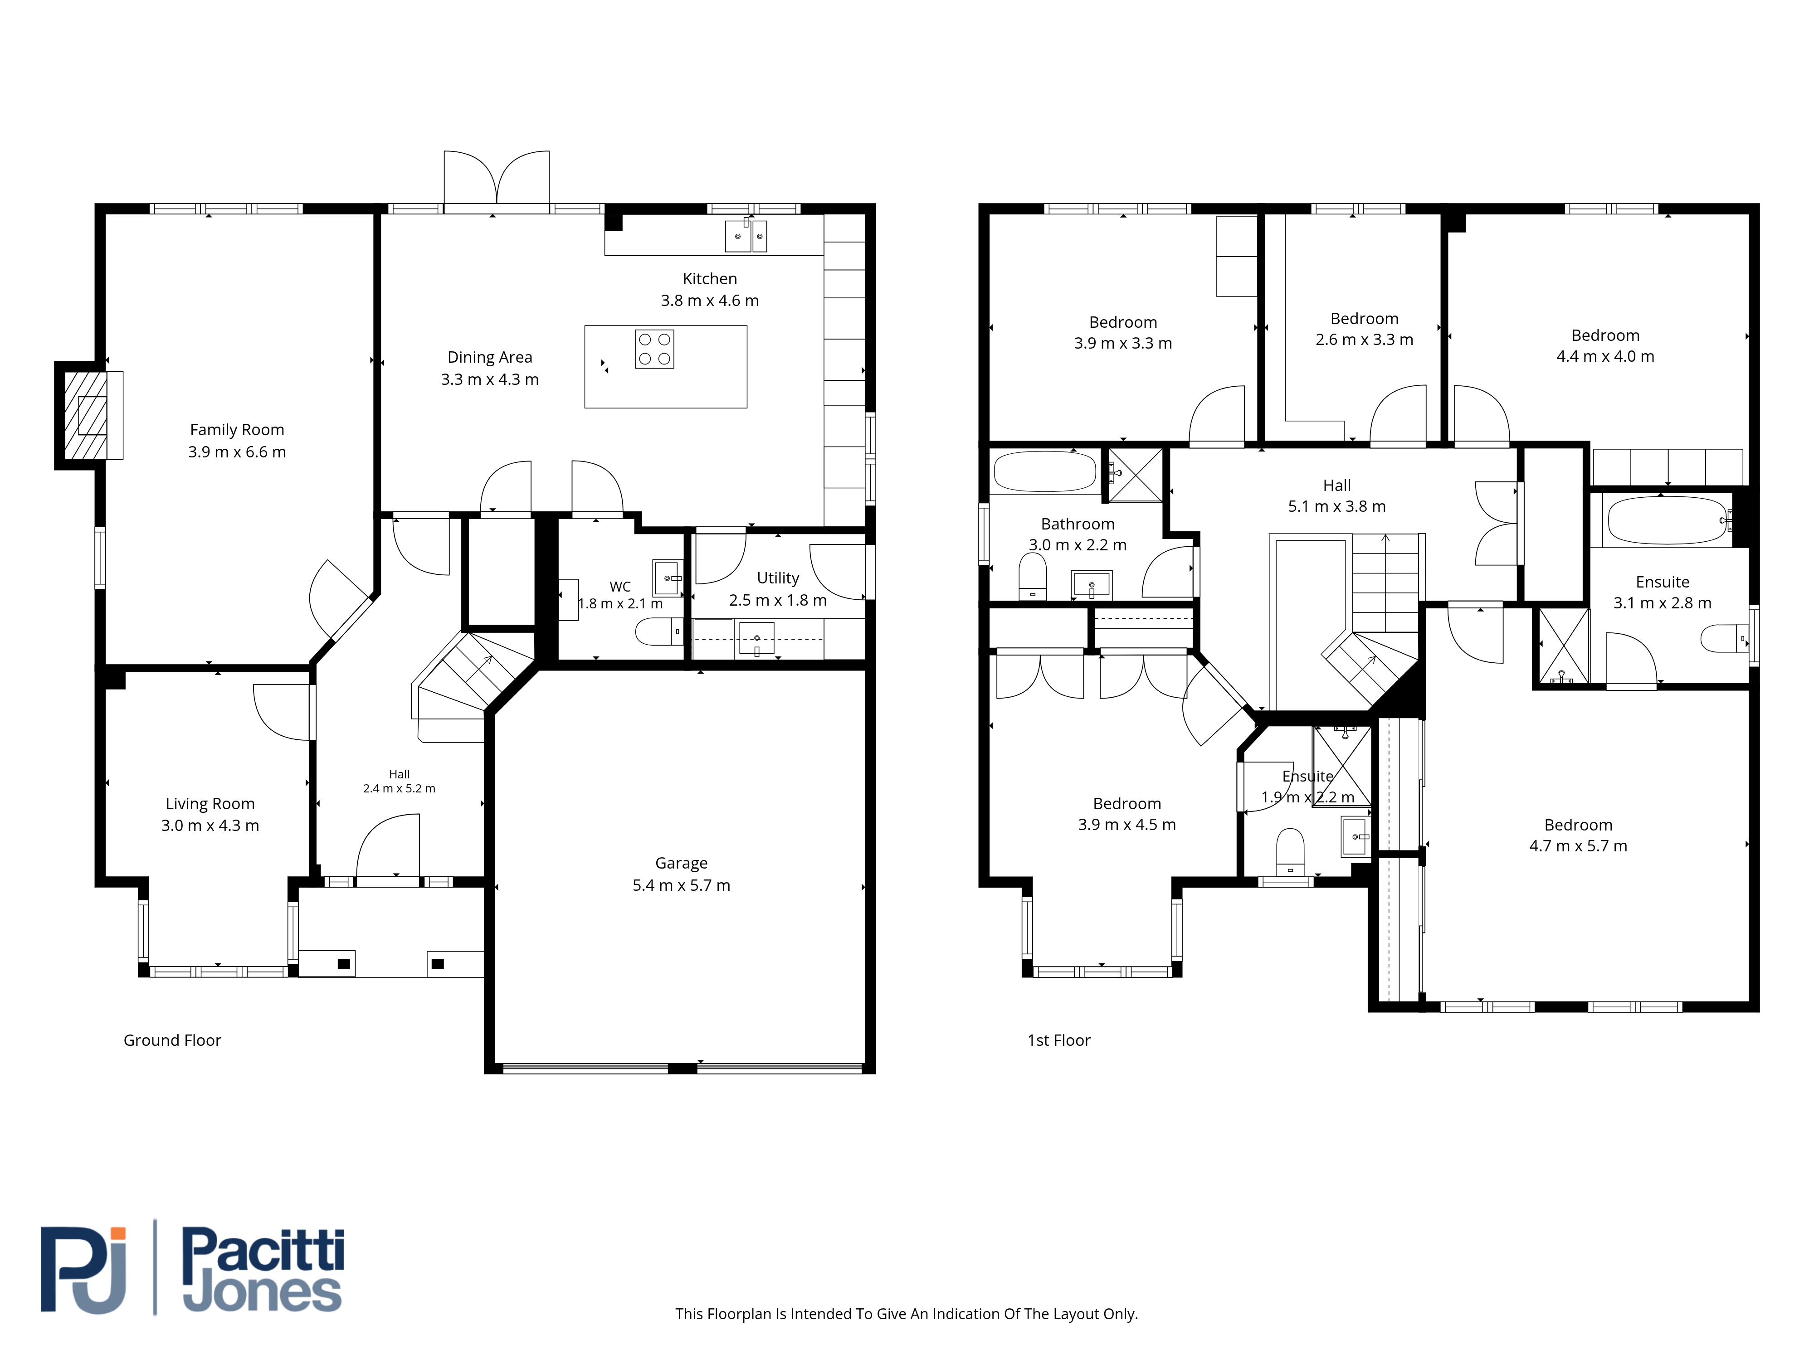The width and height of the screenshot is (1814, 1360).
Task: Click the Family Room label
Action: tap(237, 430)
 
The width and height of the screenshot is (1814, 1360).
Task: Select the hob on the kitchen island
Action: tap(654, 349)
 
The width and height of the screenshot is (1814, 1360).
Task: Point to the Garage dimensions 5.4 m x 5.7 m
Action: tap(682, 885)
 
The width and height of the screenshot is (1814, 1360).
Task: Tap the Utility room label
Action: tap(777, 578)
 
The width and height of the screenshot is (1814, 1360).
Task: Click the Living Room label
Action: tap(210, 804)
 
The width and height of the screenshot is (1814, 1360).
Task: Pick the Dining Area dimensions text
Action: tap(490, 379)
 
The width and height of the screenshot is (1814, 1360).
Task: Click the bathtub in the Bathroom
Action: tap(1045, 471)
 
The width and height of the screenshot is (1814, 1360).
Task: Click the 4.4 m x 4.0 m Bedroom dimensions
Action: tap(1605, 357)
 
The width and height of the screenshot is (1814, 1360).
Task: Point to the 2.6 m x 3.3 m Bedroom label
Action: tap(1365, 319)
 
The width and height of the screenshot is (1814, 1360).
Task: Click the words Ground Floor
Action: tap(172, 1040)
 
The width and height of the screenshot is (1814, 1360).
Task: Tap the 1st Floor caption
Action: tap(1059, 1040)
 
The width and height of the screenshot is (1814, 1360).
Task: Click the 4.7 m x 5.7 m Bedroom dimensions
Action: tap(1578, 846)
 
